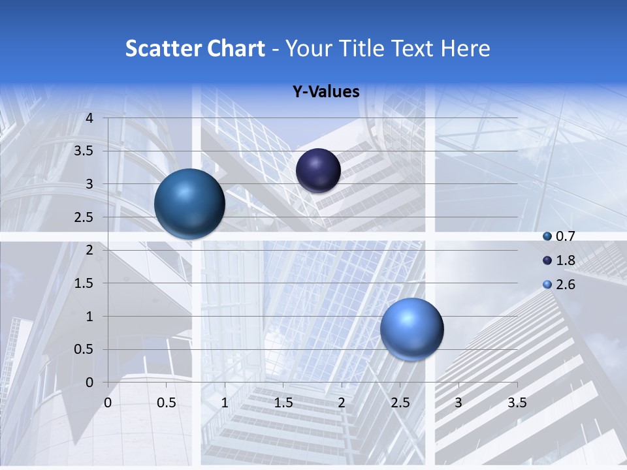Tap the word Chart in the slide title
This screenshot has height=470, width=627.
point(236,48)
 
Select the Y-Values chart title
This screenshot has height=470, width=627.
point(326,92)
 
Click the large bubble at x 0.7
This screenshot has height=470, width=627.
point(189,204)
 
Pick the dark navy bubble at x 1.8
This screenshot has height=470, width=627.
point(318,170)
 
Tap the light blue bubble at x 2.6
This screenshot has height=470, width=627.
point(411,329)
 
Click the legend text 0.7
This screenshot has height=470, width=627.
point(565,236)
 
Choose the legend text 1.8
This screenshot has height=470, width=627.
point(565,260)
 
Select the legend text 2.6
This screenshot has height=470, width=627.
point(565,285)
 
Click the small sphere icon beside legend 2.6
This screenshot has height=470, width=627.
point(547,285)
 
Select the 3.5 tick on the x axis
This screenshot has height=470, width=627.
point(517,403)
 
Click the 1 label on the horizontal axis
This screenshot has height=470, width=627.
point(225,403)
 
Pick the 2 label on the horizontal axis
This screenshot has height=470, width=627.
point(342,403)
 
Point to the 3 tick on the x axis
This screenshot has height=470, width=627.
point(458,403)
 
